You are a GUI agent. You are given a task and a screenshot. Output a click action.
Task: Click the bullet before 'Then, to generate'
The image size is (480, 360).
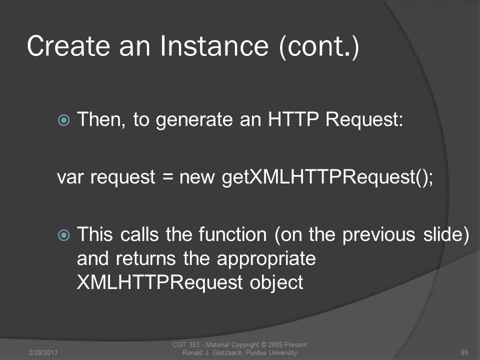[63, 120]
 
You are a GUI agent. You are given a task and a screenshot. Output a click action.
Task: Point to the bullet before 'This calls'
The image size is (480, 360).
[63, 235]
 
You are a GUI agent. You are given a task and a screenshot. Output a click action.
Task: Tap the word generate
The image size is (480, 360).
[194, 119]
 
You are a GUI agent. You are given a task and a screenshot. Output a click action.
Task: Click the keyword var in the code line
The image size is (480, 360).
[70, 177]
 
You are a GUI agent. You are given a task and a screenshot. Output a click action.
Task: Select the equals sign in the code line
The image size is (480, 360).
[168, 177]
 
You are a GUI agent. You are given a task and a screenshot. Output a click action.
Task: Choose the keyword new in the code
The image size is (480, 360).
[197, 177]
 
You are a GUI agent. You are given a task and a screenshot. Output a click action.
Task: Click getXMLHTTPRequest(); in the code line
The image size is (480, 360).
[327, 177]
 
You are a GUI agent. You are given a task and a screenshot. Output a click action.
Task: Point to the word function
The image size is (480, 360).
[232, 234]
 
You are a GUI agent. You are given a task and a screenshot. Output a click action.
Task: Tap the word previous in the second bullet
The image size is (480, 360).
[378, 235]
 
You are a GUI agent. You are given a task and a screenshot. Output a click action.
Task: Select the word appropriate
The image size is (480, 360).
[266, 259]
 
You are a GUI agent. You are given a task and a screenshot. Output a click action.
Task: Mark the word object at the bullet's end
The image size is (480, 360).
[276, 282]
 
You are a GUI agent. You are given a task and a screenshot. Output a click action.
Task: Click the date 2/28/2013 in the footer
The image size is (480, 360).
[43, 352]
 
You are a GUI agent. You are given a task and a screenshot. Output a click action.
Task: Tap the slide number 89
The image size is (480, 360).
[464, 352]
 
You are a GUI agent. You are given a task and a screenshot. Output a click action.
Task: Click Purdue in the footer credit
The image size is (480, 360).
[256, 352]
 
